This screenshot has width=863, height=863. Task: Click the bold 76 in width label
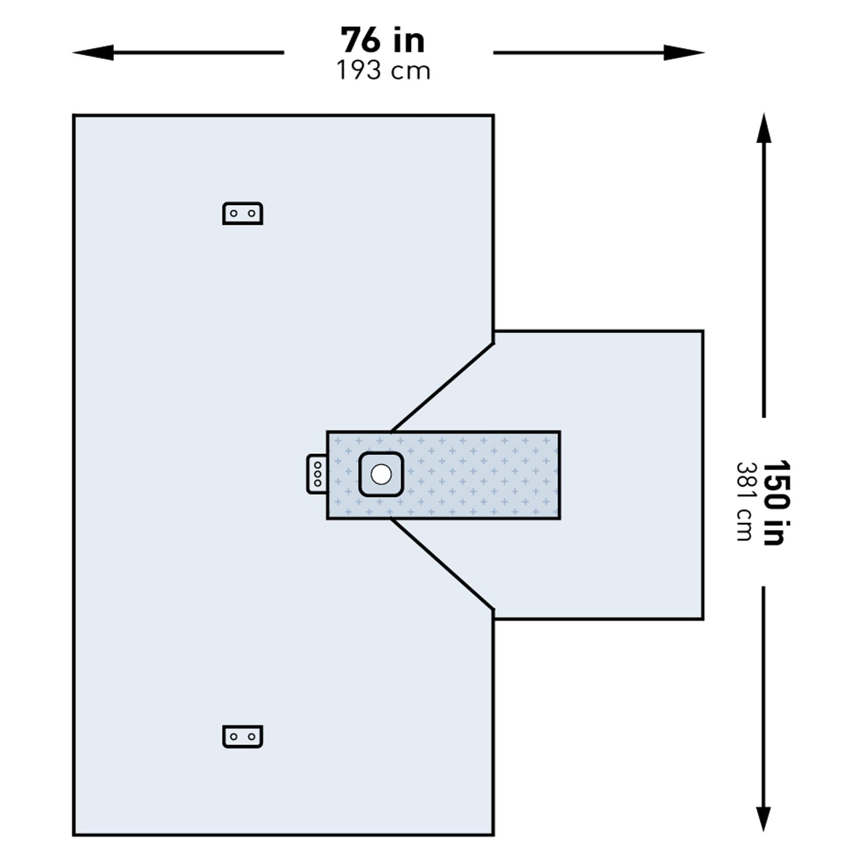point(383,40)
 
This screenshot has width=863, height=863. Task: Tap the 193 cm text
point(383,71)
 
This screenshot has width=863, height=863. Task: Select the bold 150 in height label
point(776,503)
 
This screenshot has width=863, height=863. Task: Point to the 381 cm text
point(744,502)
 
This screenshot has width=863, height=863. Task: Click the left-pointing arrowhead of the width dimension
point(93,52)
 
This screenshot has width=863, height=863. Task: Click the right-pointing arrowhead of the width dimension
point(684,52)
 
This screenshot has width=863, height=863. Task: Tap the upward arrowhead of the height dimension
point(764,128)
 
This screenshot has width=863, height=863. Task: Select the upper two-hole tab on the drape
point(243,214)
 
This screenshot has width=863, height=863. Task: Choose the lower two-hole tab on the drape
point(243,737)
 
